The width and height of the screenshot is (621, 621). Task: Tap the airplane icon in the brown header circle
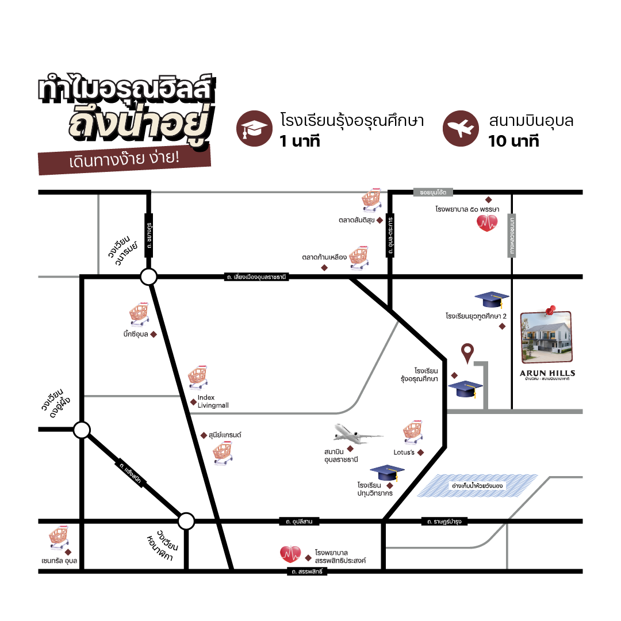click(461, 129)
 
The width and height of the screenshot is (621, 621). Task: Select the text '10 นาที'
click(513, 141)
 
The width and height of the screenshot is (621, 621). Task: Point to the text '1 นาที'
click(300, 141)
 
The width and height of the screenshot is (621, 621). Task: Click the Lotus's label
click(404, 453)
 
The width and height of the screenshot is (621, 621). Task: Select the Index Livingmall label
click(213, 401)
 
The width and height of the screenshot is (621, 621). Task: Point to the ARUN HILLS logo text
click(547, 373)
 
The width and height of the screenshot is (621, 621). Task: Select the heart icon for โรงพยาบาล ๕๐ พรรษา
click(487, 223)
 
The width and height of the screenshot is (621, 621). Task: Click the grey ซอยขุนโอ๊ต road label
click(433, 192)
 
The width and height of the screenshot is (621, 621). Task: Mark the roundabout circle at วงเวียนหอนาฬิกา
click(186, 522)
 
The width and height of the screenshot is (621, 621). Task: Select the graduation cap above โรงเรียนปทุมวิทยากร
click(388, 473)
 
